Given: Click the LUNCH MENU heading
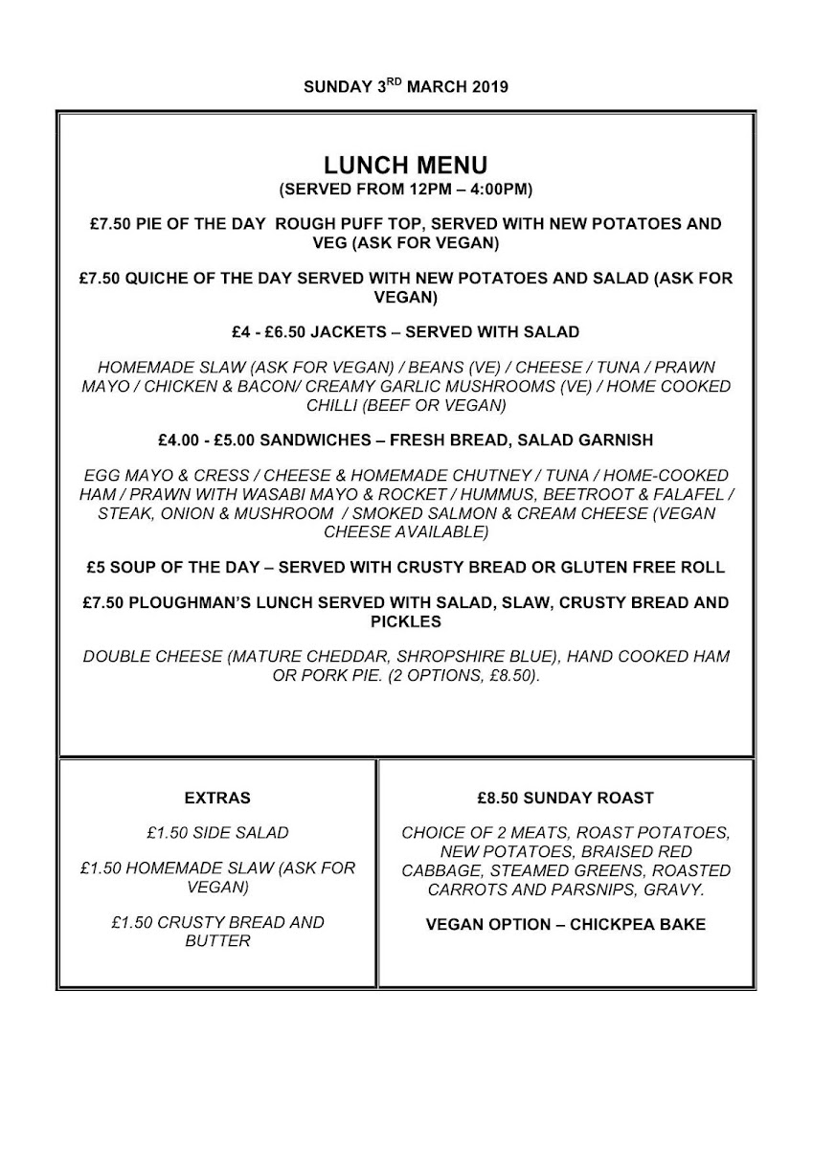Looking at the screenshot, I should coord(405,166).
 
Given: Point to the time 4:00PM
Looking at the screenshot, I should coord(489,189).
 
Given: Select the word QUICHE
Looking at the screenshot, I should coord(154,279).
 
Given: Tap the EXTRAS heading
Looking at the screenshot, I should coord(216,798).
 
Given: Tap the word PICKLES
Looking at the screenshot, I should coord(405,621).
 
